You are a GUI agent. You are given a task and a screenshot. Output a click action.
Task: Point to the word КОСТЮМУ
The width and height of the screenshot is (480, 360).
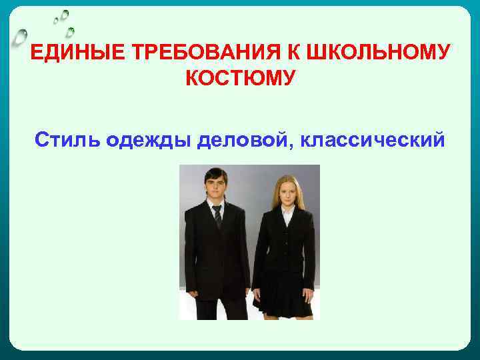[x=239, y=79]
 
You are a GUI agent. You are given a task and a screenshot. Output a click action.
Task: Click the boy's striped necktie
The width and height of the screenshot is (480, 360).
[x=217, y=216]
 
